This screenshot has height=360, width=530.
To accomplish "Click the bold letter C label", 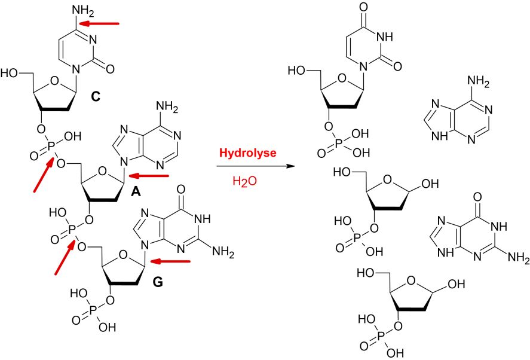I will (x=95, y=95).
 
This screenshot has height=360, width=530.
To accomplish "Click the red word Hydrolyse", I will (x=248, y=153).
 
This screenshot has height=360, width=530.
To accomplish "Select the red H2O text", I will (x=246, y=180).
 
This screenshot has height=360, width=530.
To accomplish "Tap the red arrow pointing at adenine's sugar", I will (x=149, y=176).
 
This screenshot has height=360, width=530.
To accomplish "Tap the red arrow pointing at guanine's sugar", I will (x=170, y=261).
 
